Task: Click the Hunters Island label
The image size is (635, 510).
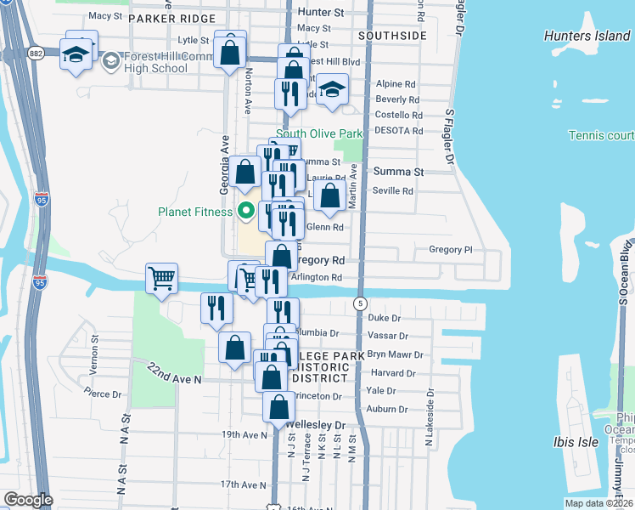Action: tap(587, 36)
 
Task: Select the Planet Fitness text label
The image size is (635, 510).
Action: tap(194, 212)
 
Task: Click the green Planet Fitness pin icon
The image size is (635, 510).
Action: tap(247, 211)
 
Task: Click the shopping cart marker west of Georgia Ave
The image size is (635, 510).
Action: tap(161, 278)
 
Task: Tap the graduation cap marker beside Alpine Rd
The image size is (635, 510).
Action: tap(331, 89)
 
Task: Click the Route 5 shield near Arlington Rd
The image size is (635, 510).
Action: tap(361, 303)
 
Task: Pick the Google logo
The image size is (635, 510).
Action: tap(28, 500)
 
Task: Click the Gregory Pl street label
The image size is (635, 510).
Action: tap(450, 250)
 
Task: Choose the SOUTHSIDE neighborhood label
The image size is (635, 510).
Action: tap(391, 36)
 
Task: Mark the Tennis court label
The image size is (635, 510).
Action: tap(601, 136)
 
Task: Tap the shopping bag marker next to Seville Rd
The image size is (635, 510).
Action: tap(329, 194)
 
